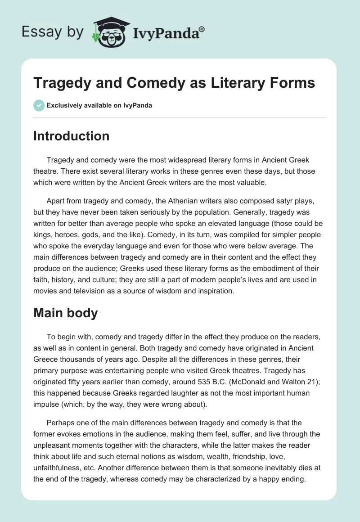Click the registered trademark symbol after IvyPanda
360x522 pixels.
click(202, 29)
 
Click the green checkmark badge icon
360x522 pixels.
click(39, 105)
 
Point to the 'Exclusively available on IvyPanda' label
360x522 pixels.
click(99, 106)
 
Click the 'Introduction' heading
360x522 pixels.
click(71, 136)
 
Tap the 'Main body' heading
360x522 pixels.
click(65, 313)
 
